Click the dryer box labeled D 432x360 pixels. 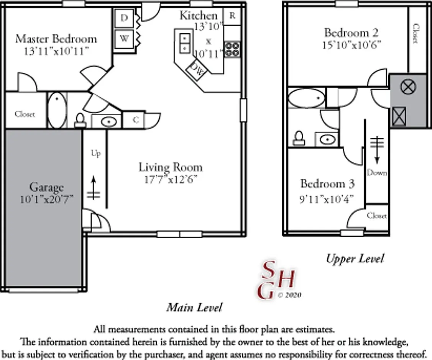click(x=124, y=18)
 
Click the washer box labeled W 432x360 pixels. click(x=124, y=39)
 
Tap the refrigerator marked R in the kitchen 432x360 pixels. click(x=232, y=16)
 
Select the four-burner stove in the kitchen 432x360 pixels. click(x=232, y=49)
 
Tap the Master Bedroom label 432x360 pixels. click(x=56, y=39)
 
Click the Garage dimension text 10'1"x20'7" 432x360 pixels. click(x=47, y=199)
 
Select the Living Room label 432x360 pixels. click(x=171, y=167)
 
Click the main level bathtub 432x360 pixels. click(x=57, y=110)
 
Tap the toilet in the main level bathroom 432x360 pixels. click(x=80, y=121)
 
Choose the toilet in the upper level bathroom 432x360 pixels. click(x=299, y=138)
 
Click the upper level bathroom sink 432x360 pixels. click(x=327, y=139)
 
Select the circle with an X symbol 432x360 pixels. click(x=408, y=87)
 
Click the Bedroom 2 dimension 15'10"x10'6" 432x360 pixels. click(x=352, y=44)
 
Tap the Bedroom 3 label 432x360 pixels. click(x=327, y=183)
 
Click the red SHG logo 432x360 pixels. click(x=276, y=280)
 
